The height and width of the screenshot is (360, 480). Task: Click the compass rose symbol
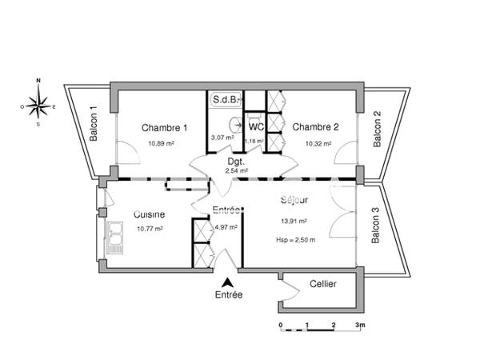coord(38,102)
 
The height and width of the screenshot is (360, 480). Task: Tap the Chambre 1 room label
coord(165,128)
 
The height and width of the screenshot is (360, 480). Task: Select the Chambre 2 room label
coord(315,126)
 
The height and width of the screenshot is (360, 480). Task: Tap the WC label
coord(256,126)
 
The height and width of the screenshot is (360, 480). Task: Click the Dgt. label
coord(235,161)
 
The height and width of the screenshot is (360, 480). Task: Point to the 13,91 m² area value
coord(294,222)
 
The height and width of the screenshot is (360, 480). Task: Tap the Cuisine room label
coord(150,214)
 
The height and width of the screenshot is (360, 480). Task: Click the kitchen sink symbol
coord(115,235)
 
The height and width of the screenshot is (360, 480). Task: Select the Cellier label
coord(322,285)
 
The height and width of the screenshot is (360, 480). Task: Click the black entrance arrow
coord(228,282)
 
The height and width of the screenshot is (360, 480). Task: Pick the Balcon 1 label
coord(94,125)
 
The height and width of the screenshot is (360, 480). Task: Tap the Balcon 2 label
coord(377,128)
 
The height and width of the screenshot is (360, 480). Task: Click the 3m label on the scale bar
coord(360,326)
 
